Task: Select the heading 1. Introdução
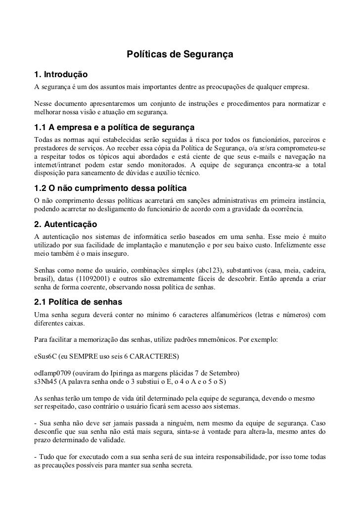point(61,75)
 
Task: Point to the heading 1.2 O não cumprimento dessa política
point(110,188)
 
